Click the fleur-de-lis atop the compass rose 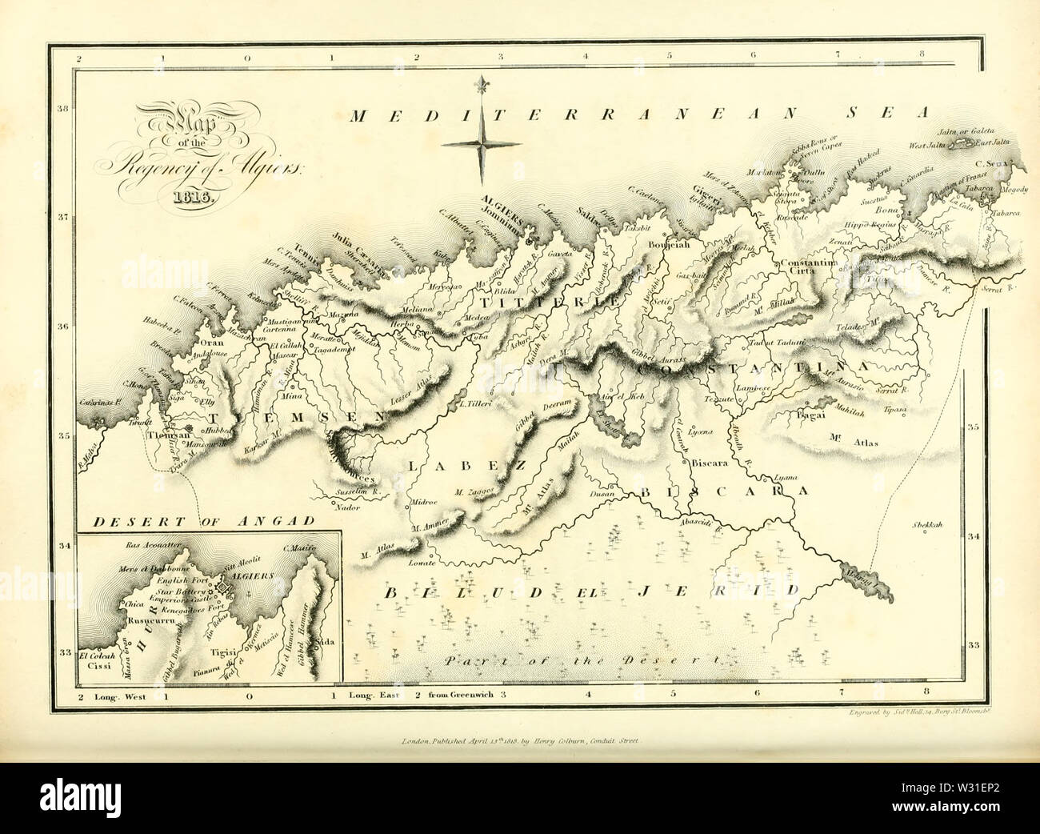482,86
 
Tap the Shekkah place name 926,525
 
